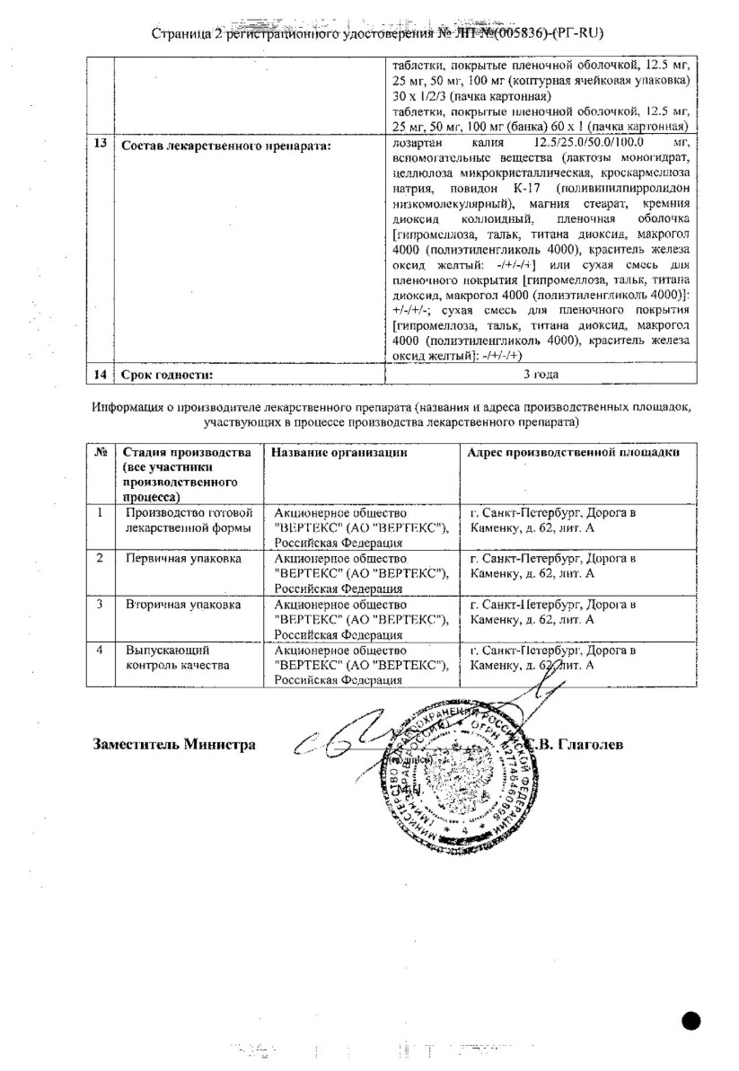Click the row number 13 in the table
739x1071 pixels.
(x=103, y=146)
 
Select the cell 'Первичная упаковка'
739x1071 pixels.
(x=182, y=558)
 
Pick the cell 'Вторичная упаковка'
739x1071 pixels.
(x=182, y=605)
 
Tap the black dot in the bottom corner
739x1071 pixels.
(x=691, y=1019)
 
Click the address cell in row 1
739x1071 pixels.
(x=553, y=519)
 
